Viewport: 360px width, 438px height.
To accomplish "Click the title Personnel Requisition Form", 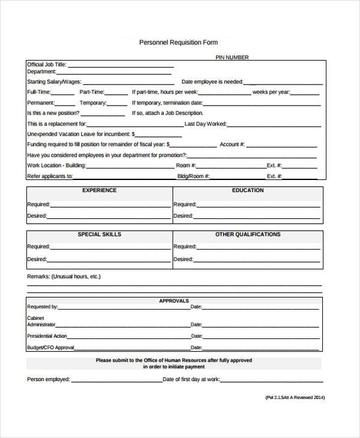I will point(178,43).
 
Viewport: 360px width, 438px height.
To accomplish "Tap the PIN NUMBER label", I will point(232,58).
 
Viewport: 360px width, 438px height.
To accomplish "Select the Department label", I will point(41,72).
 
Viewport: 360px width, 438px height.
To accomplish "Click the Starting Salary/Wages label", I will point(54,82).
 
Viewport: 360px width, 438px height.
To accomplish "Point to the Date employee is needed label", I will point(212,82).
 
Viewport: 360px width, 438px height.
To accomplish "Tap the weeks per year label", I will point(271,92).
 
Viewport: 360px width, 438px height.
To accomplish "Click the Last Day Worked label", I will point(206,124).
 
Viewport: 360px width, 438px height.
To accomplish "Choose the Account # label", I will point(232,145).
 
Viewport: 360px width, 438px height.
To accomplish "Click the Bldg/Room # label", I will point(193,176).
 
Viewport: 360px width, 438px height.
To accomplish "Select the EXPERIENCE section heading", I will point(100,191).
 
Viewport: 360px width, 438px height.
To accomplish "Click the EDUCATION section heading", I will point(248,191).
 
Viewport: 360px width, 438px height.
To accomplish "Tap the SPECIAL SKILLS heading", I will point(100,235).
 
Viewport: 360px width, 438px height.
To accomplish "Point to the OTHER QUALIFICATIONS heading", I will point(248,235).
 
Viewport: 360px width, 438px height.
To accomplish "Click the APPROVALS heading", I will point(174,301).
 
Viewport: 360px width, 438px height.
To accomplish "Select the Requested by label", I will point(42,307).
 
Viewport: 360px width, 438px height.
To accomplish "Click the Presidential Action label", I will point(47,336).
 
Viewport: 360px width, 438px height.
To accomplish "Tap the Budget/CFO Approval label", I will point(50,348).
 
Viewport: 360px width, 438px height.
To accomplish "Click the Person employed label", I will point(49,379).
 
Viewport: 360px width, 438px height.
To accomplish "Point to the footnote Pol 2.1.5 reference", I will point(295,397).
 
